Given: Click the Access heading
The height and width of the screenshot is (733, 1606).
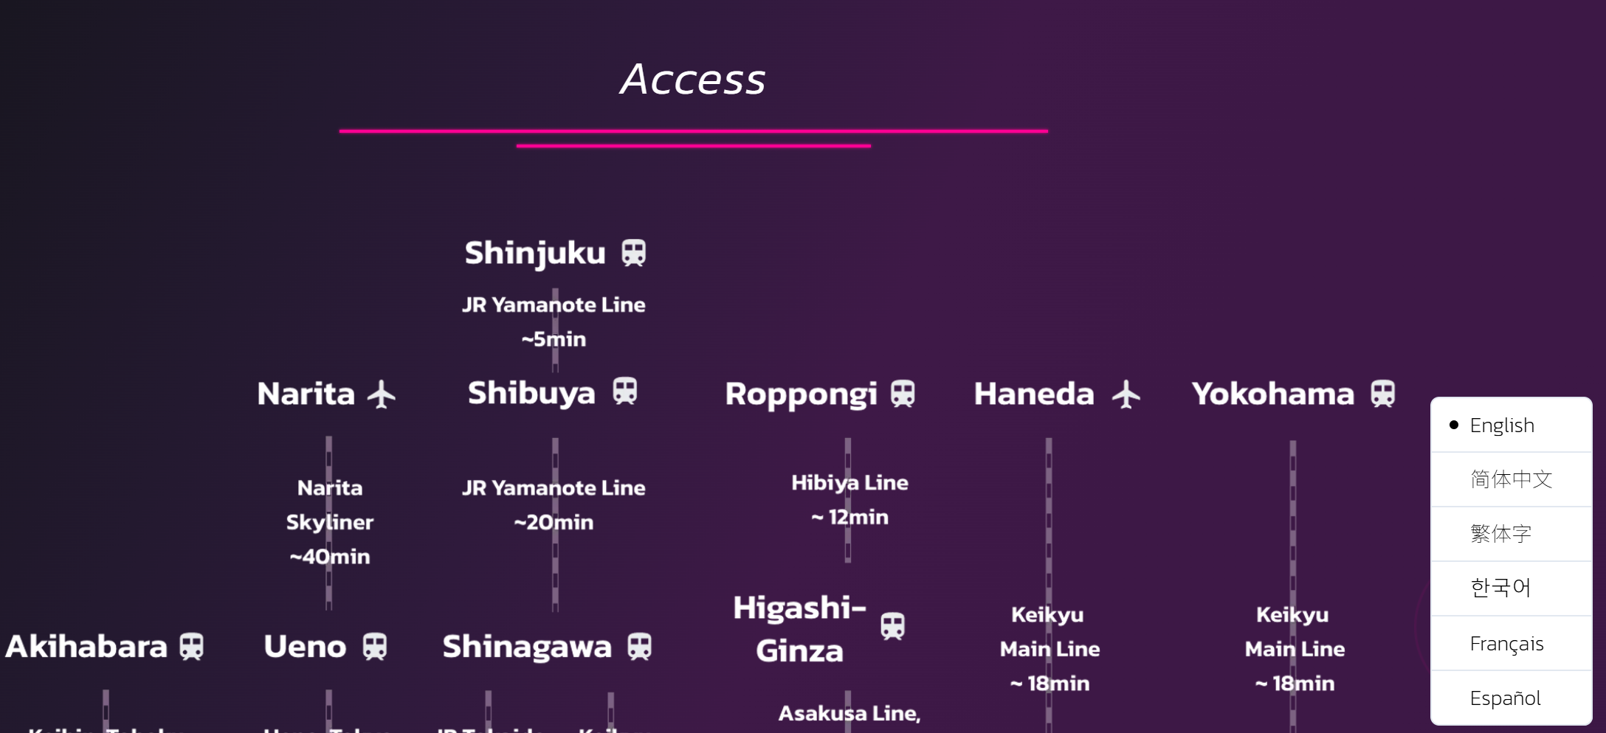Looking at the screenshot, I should point(692,79).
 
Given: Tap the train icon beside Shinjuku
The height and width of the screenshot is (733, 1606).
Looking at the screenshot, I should point(633,253).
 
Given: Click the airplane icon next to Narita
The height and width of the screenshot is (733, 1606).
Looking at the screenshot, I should point(382,394).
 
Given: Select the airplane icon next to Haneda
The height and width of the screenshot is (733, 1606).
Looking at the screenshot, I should point(1126,394).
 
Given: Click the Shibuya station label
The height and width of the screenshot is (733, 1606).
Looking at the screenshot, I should point(531,393).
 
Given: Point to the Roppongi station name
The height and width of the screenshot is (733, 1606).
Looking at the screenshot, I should point(801,395).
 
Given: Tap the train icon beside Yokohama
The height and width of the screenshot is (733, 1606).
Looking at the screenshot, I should point(1382,394).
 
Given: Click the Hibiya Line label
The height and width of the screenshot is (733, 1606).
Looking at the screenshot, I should point(849,483).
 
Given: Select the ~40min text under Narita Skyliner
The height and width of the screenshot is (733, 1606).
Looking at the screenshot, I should point(330,557).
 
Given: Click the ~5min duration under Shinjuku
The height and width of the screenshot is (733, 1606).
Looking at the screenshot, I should point(554,339).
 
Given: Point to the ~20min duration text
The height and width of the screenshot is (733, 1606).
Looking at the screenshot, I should point(554,522).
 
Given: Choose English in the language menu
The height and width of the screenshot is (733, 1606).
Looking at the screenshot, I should point(1501,425).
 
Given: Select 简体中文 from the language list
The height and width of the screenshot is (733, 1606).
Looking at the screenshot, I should point(1511,479).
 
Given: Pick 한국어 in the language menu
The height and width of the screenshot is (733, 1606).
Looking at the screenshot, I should point(1500,588).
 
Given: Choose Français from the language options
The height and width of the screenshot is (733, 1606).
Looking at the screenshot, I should point(1506,644).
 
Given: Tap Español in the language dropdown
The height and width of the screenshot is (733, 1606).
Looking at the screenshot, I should point(1505,698).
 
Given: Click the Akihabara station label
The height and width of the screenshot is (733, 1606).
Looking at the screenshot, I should point(86,647).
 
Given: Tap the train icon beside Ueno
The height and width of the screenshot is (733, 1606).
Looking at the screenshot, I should point(374,647).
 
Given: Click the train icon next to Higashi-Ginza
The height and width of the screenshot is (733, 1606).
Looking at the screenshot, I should point(892,627).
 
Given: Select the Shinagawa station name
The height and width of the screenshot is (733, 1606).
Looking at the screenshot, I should point(527,647).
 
